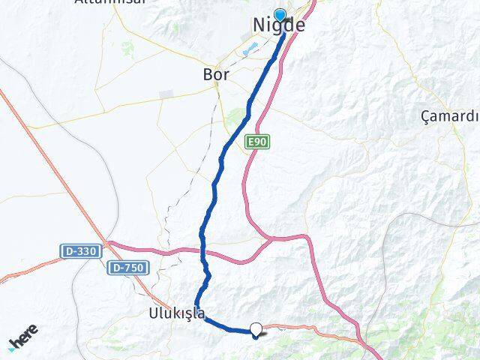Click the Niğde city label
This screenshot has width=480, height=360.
[x=278, y=25]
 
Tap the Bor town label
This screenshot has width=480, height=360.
[x=216, y=75]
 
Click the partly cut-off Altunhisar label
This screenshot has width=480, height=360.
[x=102, y=3]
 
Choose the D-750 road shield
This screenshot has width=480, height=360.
[x=128, y=268]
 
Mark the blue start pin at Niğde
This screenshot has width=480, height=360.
[x=280, y=14]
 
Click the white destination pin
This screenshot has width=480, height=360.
[x=256, y=328]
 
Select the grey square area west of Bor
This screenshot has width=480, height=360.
[x=166, y=94]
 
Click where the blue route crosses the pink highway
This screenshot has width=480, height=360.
[x=204, y=252]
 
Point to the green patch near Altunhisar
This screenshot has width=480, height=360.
[x=127, y=49]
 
